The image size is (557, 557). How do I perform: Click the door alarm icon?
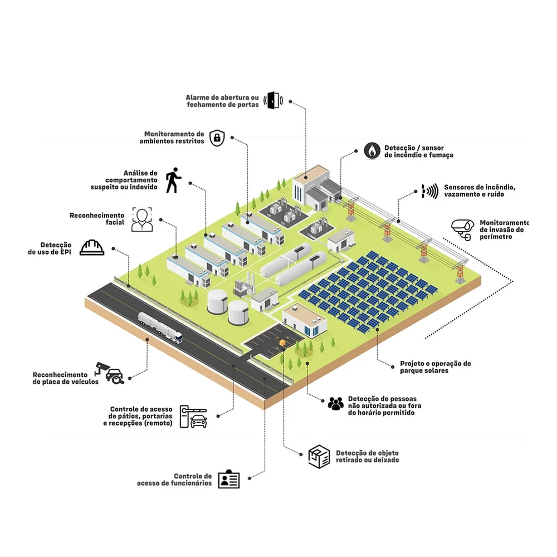coord(273,100)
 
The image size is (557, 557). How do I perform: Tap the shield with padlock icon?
coord(217,138)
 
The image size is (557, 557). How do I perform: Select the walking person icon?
coord(173,180)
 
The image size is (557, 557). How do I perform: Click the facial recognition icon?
coord(142,219)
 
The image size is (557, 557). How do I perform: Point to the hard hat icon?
coord(92,248)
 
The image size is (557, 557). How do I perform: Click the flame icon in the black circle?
coord(372,150)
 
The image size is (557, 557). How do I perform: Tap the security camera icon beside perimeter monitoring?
coord(462,229)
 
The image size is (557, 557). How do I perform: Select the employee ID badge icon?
coord(229,479)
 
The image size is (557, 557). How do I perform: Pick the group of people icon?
coord(336,403)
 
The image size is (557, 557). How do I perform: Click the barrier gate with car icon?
coord(193,416)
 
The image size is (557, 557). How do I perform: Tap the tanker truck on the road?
coord(160,328)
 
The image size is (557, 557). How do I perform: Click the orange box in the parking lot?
coord(282,342)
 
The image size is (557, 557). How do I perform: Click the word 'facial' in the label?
coord(115,223)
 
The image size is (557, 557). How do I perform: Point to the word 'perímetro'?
coord(496,237)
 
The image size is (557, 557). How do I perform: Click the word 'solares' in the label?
coord(437,370)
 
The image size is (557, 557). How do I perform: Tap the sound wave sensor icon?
coord(430,191)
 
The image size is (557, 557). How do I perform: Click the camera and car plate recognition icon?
coord(109,373)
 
